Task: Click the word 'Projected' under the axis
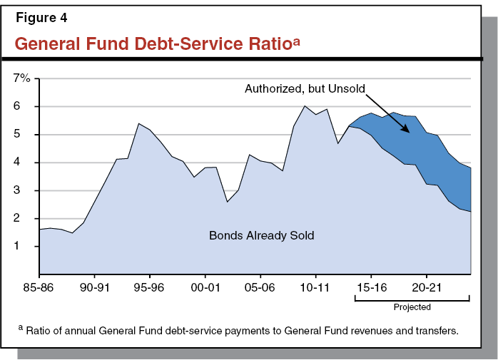pos(412,308)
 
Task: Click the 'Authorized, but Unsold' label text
pos(305,89)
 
